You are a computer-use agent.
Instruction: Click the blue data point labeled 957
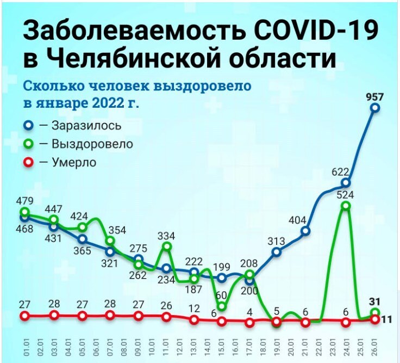click(375, 108)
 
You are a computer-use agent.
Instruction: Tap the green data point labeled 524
click(346, 206)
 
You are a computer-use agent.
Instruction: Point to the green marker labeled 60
click(221, 306)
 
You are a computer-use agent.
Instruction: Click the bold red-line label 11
click(387, 319)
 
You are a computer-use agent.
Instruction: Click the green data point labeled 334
click(166, 247)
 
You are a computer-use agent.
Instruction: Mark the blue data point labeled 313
click(277, 252)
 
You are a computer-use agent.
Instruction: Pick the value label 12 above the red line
click(194, 309)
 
